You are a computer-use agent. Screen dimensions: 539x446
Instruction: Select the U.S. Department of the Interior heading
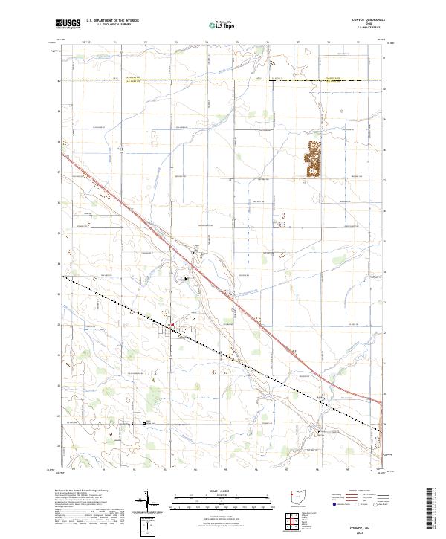pos(112,21)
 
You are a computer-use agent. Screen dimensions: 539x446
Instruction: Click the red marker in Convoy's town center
pos(172,325)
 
